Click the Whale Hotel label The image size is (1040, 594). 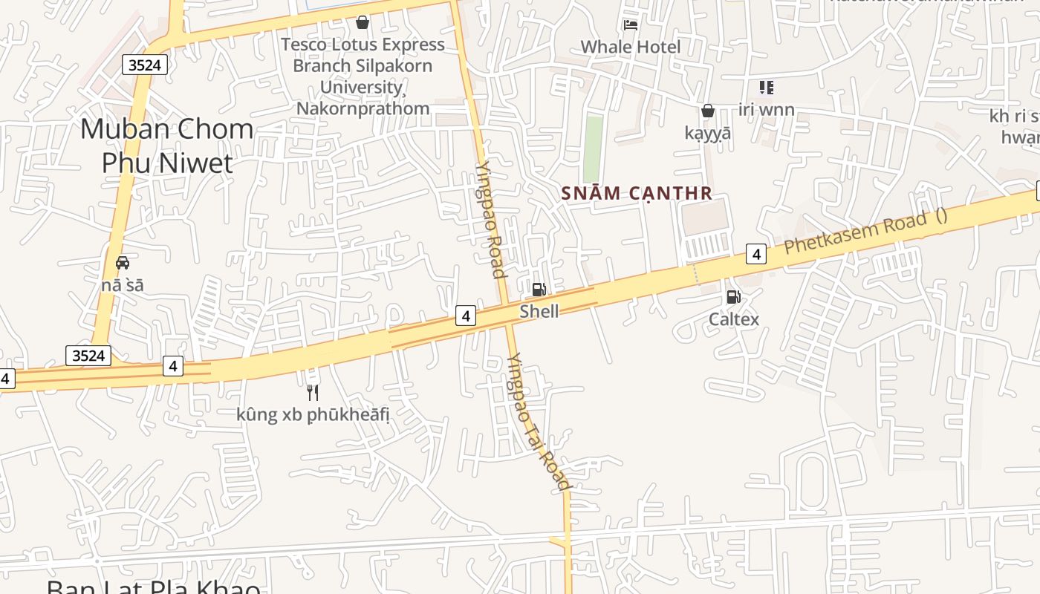click(630, 47)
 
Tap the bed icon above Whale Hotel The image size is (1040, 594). click(631, 25)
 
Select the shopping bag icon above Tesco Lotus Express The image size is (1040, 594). click(362, 22)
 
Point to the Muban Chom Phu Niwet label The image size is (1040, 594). click(167, 146)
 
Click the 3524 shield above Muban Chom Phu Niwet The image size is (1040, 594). click(144, 65)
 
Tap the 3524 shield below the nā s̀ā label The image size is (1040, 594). click(88, 356)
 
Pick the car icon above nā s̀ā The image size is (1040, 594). click(123, 262)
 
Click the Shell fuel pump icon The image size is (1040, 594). click(539, 289)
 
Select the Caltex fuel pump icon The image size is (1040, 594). click(733, 297)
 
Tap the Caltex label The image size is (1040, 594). click(734, 319)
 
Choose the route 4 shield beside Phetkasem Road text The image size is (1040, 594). click(756, 254)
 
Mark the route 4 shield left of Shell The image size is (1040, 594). click(466, 316)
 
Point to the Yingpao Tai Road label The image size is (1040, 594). click(538, 421)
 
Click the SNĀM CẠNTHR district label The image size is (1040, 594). click(637, 194)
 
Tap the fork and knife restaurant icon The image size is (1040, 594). click(313, 392)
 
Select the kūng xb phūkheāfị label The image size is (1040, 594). click(313, 414)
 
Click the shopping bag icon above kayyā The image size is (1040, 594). click(708, 111)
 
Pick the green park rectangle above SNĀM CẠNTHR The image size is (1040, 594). click(593, 148)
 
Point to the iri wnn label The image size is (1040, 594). click(767, 110)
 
